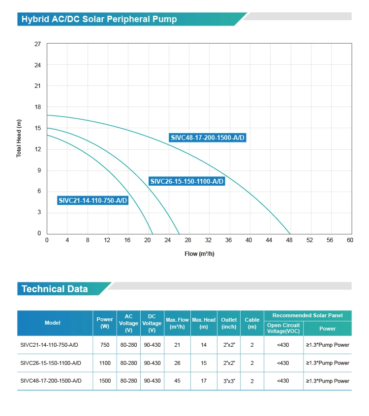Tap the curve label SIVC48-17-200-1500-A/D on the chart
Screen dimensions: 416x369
point(207,138)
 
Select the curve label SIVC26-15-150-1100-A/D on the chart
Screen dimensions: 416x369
point(187,181)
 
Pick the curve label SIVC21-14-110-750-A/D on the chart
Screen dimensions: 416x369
point(92,200)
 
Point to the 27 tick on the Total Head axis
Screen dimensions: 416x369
point(38,44)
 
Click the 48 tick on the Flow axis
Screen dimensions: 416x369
point(289,240)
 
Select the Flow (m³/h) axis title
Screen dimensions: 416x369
point(199,254)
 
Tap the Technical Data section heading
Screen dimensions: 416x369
point(55,289)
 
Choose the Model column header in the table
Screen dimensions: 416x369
point(53,323)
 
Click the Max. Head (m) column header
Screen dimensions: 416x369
point(204,323)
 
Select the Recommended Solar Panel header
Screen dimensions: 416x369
point(307,315)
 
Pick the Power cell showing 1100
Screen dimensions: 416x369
point(105,363)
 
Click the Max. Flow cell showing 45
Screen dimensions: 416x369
point(177,381)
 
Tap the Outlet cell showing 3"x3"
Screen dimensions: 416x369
point(229,381)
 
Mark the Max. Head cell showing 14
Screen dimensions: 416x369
point(204,345)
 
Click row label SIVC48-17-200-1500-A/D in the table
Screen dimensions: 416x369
point(51,381)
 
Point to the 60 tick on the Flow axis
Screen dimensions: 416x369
point(350,240)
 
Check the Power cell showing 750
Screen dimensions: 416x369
point(105,345)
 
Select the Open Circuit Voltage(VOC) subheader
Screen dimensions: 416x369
point(283,328)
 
